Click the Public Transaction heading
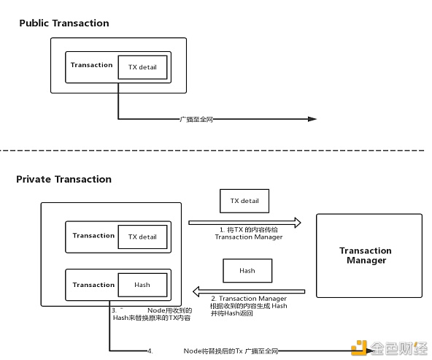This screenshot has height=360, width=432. click(63, 23)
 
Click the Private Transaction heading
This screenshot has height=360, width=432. click(63, 179)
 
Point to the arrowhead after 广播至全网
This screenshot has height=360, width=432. click(312, 119)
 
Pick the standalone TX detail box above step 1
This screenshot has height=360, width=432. click(244, 200)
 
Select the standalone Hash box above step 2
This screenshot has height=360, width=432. click(247, 270)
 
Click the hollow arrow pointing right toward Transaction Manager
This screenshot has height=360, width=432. click(244, 222)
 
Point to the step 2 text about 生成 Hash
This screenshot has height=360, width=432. click(248, 305)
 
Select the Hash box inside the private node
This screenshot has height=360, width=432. click(142, 285)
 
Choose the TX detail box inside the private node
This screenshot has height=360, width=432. click(142, 237)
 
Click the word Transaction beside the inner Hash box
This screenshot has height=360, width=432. click(93, 285)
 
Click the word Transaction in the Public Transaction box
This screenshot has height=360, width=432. click(91, 65)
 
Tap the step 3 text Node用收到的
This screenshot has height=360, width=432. click(171, 311)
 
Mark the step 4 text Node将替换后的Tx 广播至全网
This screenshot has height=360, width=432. click(231, 351)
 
